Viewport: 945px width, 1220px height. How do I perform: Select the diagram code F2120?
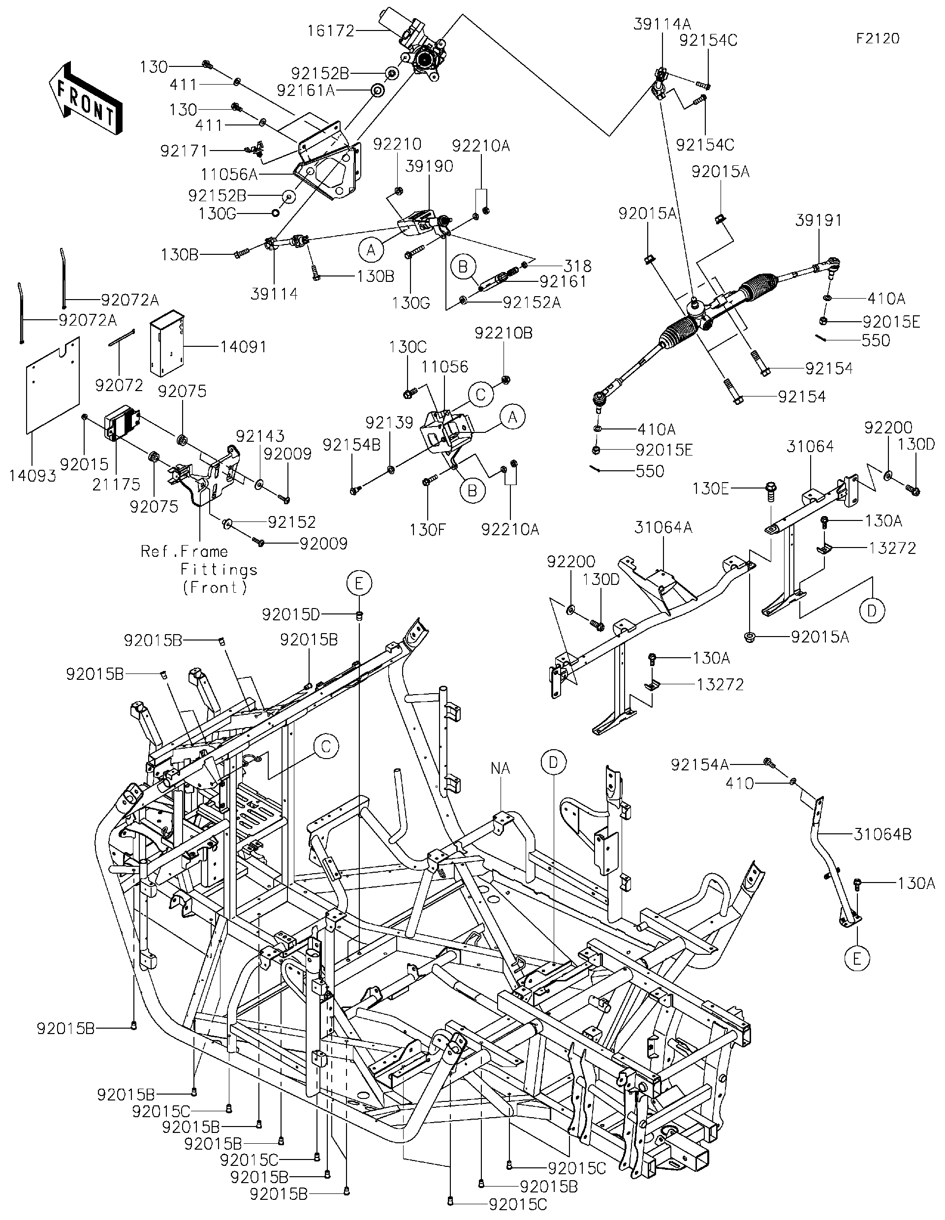click(x=878, y=38)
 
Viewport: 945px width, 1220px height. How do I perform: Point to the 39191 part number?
click(x=818, y=220)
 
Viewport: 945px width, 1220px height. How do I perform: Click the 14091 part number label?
click(x=243, y=347)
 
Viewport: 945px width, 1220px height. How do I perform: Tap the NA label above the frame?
click(x=500, y=768)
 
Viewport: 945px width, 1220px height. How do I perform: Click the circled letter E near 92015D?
click(x=359, y=584)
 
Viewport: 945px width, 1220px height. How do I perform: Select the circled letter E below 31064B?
click(x=857, y=959)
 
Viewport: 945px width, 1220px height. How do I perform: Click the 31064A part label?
click(x=663, y=527)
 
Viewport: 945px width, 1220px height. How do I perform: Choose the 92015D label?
click(x=290, y=615)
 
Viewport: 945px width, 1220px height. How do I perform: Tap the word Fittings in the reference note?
click(x=219, y=570)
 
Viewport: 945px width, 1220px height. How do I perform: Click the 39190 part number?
click(x=429, y=166)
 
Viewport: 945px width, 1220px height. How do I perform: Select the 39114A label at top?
click(x=661, y=24)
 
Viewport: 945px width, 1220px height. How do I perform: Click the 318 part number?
click(x=578, y=266)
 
